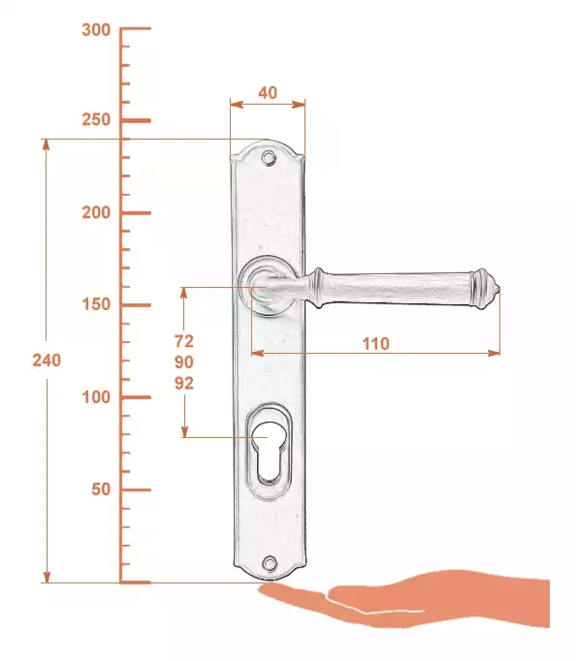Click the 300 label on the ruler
[96, 30]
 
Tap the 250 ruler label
[96, 120]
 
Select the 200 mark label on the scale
[96, 212]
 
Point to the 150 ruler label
[96, 304]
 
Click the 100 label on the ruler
[96, 397]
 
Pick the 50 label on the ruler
[101, 489]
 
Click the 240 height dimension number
[47, 361]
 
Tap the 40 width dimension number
[268, 93]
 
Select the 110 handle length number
[375, 344]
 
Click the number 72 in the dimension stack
[184, 341]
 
